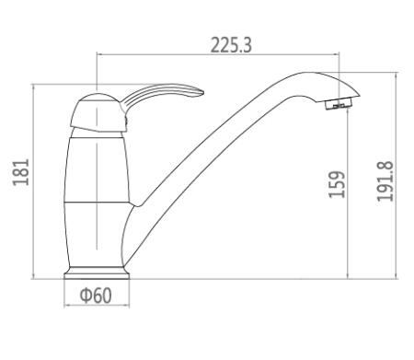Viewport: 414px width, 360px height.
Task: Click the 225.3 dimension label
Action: pos(231,45)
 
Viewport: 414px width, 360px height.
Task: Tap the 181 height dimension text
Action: pos(21,172)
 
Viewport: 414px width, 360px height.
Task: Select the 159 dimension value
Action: pos(337,184)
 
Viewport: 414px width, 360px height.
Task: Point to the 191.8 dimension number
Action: pos(385,181)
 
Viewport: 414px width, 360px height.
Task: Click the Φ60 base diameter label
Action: pos(96,296)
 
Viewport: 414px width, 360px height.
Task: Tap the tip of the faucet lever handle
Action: pos(202,92)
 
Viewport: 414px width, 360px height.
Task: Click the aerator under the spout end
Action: pos(339,103)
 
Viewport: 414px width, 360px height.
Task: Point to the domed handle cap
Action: pos(98,112)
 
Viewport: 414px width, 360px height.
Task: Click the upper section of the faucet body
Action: pos(98,169)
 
